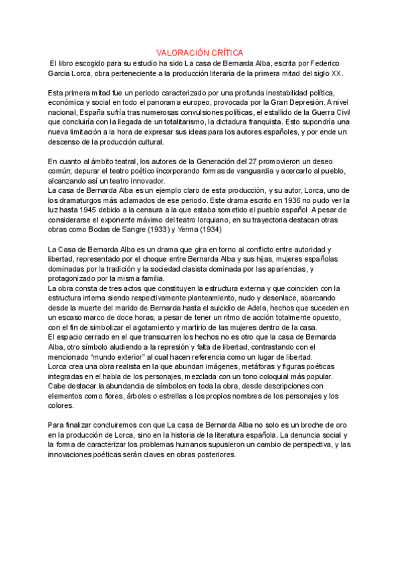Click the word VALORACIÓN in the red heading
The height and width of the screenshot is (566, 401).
180,51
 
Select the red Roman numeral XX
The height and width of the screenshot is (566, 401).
336,73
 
